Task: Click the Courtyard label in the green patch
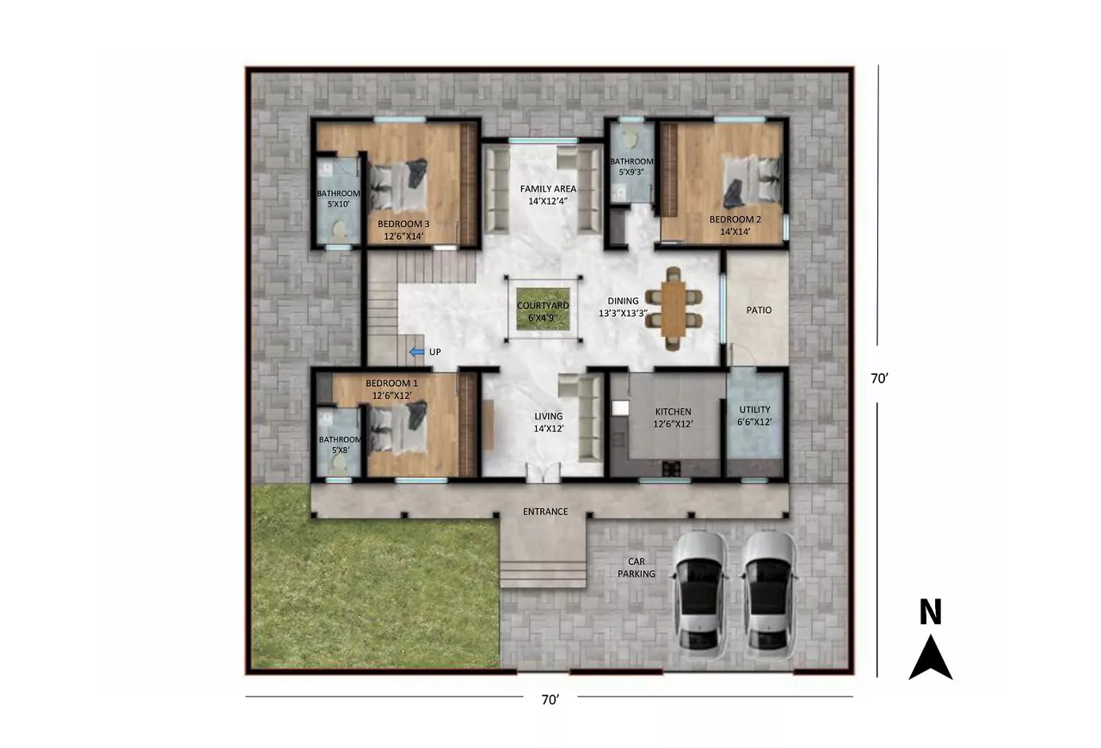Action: [543, 311]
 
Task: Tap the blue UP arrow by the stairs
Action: [417, 352]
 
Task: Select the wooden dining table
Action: [673, 309]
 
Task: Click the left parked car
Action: [699, 595]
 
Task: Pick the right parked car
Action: [769, 595]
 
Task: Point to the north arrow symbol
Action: [931, 657]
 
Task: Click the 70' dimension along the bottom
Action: [550, 699]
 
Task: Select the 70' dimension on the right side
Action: [879, 378]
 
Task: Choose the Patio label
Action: [759, 310]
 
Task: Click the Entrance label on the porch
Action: [545, 512]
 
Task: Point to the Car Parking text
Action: [636, 567]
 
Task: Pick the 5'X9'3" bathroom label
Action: [631, 167]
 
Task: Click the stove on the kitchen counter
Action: [671, 469]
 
